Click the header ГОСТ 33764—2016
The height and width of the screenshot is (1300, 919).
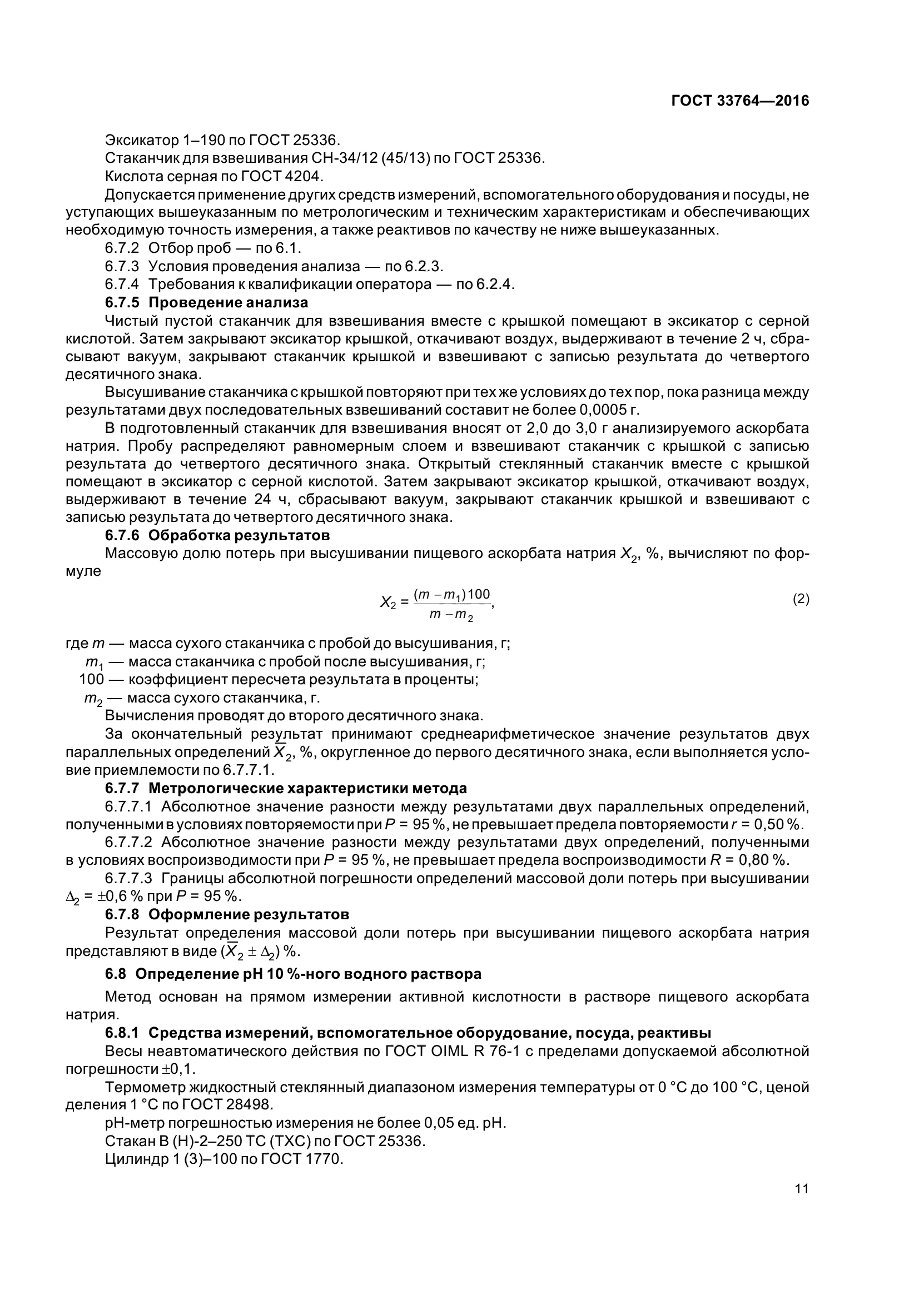click(739, 101)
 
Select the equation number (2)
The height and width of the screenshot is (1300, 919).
click(801, 599)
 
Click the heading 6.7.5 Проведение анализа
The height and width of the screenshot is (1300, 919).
click(207, 302)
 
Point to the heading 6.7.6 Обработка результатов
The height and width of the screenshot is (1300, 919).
click(217, 535)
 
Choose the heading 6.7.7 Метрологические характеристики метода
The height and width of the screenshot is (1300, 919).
click(286, 788)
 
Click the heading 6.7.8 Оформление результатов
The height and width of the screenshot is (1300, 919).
click(227, 914)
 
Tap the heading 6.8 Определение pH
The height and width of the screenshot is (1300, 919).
click(294, 974)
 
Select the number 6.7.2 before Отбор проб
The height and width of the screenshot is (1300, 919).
click(121, 247)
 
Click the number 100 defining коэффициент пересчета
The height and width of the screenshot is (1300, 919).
click(91, 679)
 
